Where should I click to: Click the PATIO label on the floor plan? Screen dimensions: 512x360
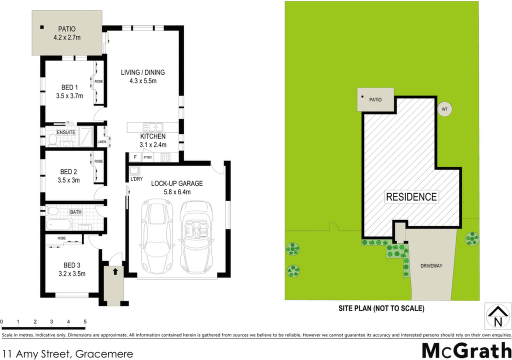click(66, 29)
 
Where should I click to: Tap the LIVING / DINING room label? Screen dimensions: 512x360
click(142, 72)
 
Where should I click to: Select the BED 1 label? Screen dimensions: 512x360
click(69, 87)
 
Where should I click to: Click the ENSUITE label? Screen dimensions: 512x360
click(66, 132)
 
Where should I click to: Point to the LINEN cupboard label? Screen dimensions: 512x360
click(102, 142)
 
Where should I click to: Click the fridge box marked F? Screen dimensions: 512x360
click(135, 157)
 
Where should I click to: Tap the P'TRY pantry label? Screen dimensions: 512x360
click(147, 157)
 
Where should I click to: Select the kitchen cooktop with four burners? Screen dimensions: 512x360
click(165, 157)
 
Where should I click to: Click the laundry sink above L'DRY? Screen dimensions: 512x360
click(134, 170)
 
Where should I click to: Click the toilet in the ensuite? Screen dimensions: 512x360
click(52, 140)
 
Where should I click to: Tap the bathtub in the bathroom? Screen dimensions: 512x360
click(59, 225)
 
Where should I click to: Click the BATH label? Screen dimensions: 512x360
click(76, 212)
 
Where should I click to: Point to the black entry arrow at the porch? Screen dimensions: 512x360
click(115, 271)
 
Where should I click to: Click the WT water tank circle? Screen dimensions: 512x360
click(444, 109)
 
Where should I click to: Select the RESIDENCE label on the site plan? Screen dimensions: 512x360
click(411, 196)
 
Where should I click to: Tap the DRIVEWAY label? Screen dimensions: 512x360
click(431, 266)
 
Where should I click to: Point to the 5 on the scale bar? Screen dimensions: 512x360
click(85, 322)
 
